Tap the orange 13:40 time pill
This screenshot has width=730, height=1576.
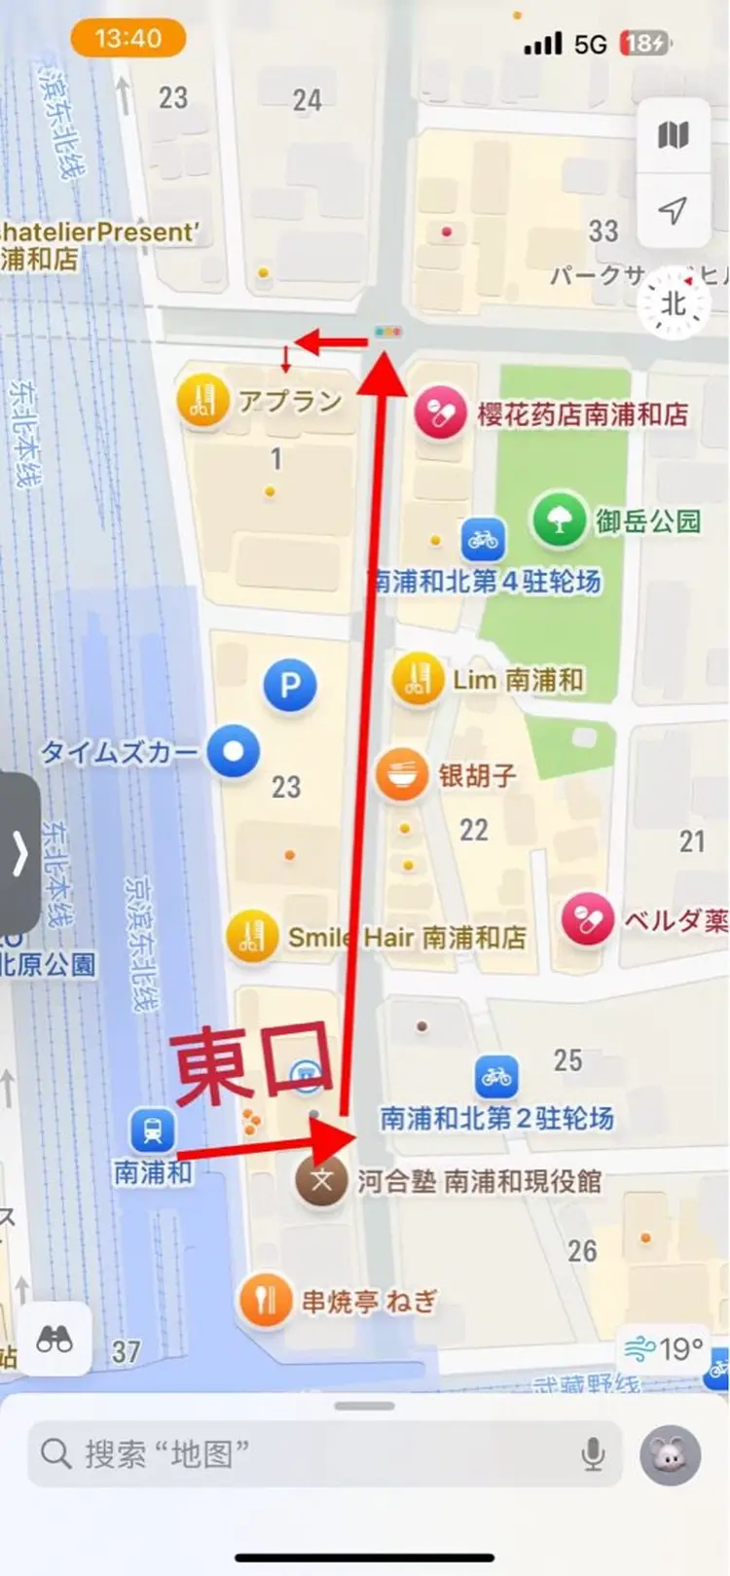[128, 39]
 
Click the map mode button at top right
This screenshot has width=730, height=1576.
[673, 136]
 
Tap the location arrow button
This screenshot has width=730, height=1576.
[673, 209]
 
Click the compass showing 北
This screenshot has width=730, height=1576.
[674, 304]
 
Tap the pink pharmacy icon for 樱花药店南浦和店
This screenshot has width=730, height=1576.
[440, 412]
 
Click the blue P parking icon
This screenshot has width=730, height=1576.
[290, 685]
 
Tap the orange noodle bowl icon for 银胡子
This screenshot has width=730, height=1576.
[402, 775]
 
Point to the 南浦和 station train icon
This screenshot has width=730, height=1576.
[153, 1130]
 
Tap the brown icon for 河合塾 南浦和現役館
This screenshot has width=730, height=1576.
[321, 1182]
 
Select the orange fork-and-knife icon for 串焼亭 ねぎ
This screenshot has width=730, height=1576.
[265, 1299]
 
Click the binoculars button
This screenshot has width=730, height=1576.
[55, 1340]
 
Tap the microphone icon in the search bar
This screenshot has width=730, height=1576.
[593, 1454]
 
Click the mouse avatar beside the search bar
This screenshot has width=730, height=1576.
[670, 1455]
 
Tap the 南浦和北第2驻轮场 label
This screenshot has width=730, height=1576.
[496, 1119]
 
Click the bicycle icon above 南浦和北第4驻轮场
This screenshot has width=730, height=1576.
[483, 538]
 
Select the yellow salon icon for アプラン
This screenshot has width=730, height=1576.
[202, 401]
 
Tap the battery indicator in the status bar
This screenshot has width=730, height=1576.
[645, 44]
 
